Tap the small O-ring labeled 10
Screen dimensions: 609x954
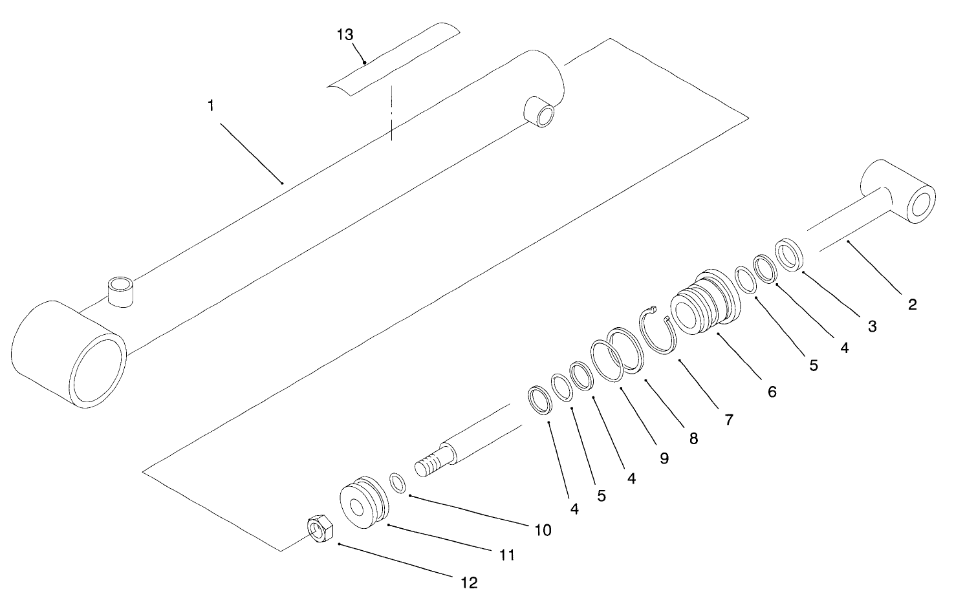pos(398,484)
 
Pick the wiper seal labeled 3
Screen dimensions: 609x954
pos(789,255)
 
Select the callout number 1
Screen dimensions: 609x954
pos(211,105)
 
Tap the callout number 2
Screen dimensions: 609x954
pos(912,304)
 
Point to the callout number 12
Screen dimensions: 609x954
pos(469,582)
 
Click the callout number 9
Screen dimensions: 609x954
pos(664,458)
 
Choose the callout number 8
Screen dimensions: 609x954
pos(693,438)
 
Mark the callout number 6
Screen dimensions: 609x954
pos(772,391)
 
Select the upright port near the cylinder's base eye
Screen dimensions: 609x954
pos(121,291)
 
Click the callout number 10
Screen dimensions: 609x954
pos(543,530)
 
